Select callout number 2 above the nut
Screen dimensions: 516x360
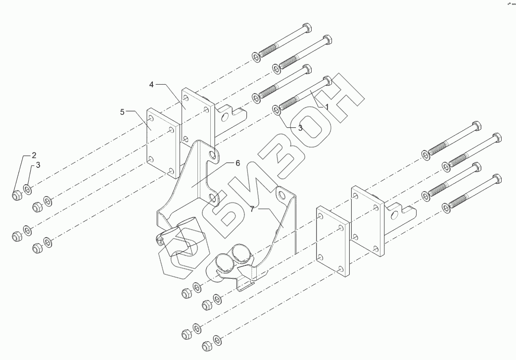(34, 154)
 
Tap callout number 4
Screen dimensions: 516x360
(152, 85)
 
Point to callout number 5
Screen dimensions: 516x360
(122, 112)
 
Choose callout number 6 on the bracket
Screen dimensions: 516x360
(237, 163)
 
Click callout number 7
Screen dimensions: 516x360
(252, 209)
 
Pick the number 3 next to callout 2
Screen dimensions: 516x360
(38, 165)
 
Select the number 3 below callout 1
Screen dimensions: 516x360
(300, 127)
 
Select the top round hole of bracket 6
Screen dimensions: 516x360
(213, 156)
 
